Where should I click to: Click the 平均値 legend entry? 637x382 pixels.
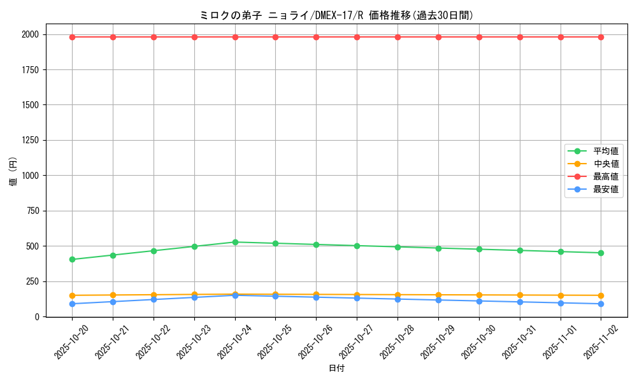pyautogui.click(x=605, y=151)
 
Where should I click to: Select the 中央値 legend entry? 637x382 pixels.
pyautogui.click(x=605, y=164)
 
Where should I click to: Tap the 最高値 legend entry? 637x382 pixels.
pyautogui.click(x=605, y=176)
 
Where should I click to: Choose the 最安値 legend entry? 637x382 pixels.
pyautogui.click(x=605, y=189)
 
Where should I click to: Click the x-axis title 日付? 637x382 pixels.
pyautogui.click(x=336, y=369)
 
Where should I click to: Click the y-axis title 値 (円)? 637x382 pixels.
pyautogui.click(x=13, y=172)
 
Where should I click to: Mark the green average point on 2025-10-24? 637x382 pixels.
pyautogui.click(x=235, y=242)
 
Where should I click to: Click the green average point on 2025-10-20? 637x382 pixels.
pyautogui.click(x=72, y=259)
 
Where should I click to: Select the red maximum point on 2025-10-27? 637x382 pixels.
pyautogui.click(x=357, y=37)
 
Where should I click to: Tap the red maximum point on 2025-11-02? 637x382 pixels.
pyautogui.click(x=601, y=37)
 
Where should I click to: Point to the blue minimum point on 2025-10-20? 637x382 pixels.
pyautogui.click(x=72, y=304)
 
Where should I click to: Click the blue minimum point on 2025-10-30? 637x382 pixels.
pyautogui.click(x=479, y=301)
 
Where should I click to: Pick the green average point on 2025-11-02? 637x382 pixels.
pyautogui.click(x=601, y=253)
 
